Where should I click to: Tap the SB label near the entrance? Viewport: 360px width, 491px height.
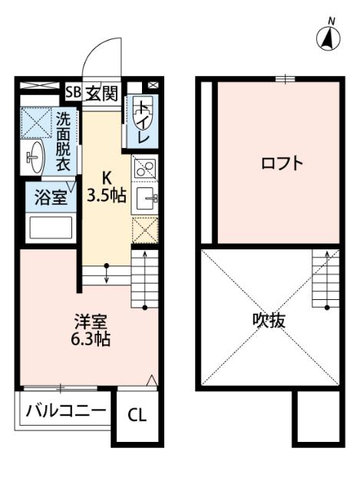74,94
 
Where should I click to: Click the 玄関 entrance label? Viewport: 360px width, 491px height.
101,94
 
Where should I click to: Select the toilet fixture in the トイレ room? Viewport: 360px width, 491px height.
144,111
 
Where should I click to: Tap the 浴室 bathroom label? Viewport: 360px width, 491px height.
48,197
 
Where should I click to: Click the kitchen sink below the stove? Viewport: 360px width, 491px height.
147,199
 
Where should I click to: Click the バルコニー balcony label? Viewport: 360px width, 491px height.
65,410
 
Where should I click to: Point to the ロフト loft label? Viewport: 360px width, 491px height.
282,163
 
